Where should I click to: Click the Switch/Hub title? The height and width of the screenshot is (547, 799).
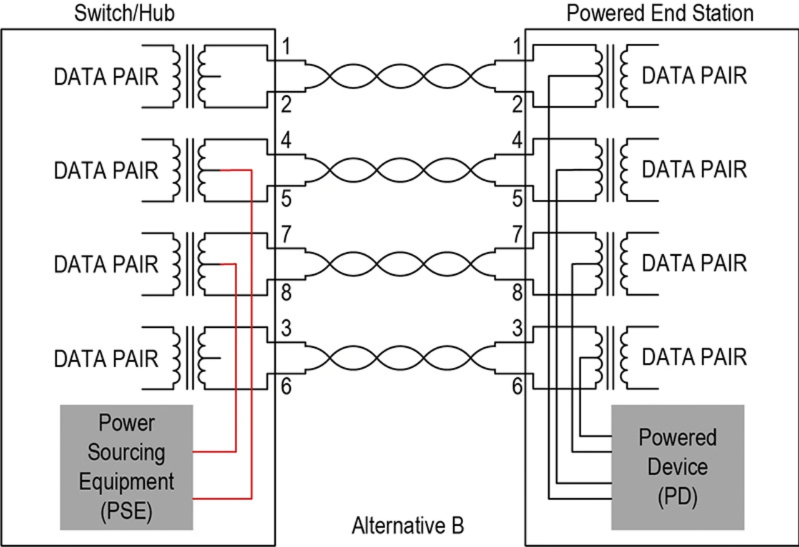pos(124,13)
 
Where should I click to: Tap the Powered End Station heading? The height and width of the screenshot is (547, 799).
pos(660,13)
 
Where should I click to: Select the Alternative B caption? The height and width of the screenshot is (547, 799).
pos(408,526)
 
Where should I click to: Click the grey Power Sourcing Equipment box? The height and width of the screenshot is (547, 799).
pos(127,466)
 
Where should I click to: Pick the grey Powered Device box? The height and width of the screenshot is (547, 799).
pos(677,466)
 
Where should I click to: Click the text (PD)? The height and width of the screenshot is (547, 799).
pos(677,498)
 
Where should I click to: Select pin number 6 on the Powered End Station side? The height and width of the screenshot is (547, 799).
pos(517,387)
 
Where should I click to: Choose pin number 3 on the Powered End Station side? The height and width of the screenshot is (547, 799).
pos(517,328)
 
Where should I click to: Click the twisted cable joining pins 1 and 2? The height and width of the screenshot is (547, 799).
pos(399,76)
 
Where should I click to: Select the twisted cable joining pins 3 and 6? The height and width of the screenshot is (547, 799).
pos(399,358)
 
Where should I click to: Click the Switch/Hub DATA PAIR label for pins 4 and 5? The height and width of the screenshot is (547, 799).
pos(106,170)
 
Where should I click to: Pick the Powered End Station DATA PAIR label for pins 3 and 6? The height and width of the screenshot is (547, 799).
pos(694,357)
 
